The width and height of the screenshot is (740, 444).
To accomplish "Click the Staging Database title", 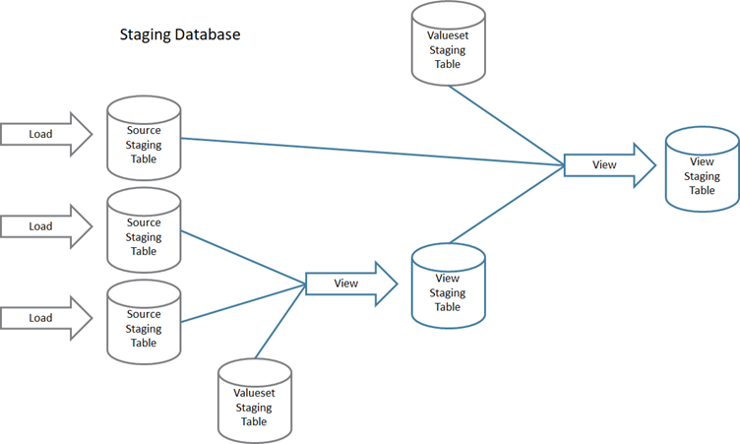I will click(x=180, y=34).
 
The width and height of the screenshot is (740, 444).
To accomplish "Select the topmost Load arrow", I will click(x=45, y=134).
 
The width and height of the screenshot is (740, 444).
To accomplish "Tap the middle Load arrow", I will click(x=45, y=226).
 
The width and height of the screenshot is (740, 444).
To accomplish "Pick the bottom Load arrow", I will click(x=45, y=318).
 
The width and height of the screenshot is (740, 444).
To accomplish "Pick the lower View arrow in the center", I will click(x=350, y=284).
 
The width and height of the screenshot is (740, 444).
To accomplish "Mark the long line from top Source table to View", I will click(x=374, y=152).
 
